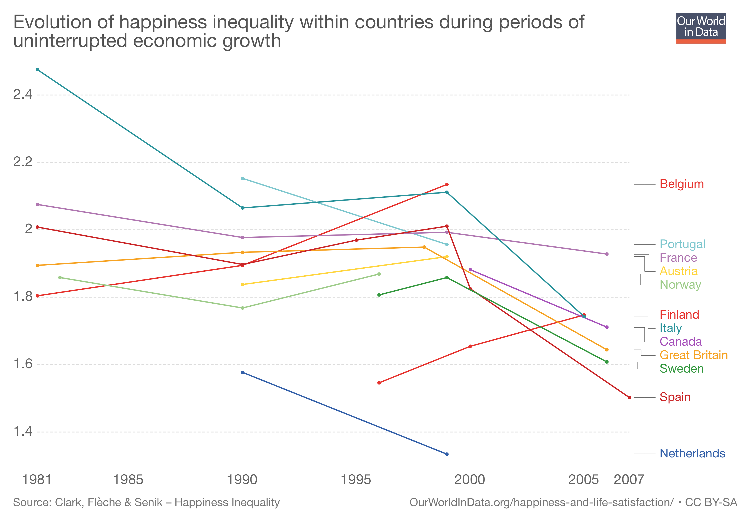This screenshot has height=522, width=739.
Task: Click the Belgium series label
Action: (x=681, y=184)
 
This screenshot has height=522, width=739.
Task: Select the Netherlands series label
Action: (x=692, y=453)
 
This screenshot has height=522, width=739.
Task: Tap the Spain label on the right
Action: (x=675, y=397)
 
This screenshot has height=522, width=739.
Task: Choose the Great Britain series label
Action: (x=693, y=355)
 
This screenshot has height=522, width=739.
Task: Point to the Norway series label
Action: (x=680, y=285)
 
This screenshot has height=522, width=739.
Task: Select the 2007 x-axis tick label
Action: (x=629, y=480)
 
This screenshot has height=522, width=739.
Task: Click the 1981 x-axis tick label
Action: (x=37, y=480)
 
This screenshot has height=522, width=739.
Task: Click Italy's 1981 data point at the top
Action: (x=37, y=70)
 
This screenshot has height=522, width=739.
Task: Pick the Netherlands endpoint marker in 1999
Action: (x=447, y=454)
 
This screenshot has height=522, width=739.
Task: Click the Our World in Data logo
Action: (x=701, y=28)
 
